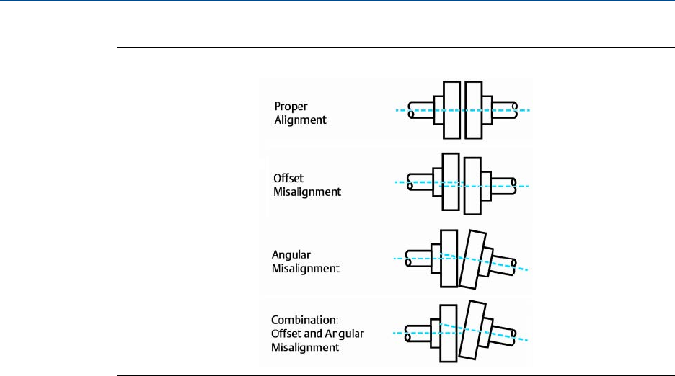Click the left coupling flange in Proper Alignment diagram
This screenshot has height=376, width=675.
pos(452,109)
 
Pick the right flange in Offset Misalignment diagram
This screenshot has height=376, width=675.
pos(472,187)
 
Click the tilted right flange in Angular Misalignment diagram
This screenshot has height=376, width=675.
pos(476,259)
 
